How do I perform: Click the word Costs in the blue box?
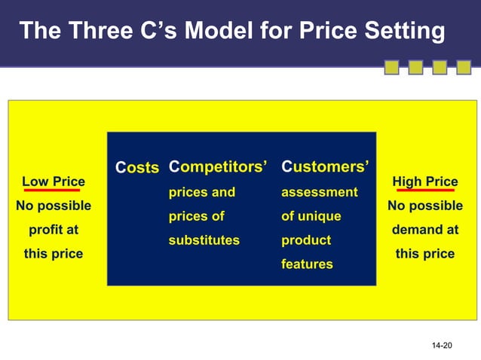pyautogui.click(x=136, y=167)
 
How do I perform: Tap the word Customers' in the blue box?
pyautogui.click(x=325, y=166)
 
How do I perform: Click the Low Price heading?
pyautogui.click(x=53, y=182)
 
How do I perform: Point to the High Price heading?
pyautogui.click(x=424, y=182)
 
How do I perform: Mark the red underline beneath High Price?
pyautogui.click(x=424, y=191)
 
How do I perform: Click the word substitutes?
pyautogui.click(x=204, y=240)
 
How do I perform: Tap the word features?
pyautogui.click(x=307, y=264)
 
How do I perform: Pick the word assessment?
pyautogui.click(x=319, y=192)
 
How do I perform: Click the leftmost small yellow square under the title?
pyautogui.click(x=391, y=69)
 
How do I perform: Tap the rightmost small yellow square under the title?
pyautogui.click(x=461, y=69)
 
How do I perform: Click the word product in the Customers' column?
pyautogui.click(x=306, y=240)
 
